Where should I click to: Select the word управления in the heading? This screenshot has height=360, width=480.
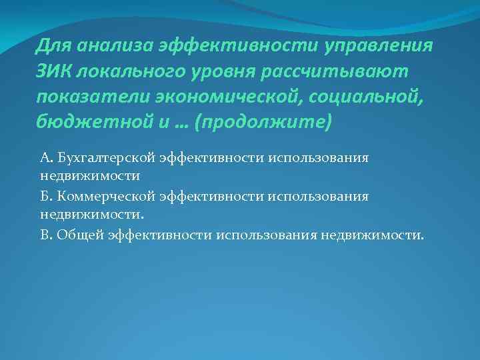click(x=379, y=46)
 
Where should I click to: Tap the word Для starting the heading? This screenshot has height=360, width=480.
click(x=54, y=46)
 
